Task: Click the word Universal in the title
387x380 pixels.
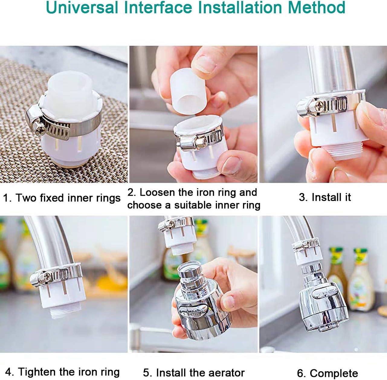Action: [x=82, y=8]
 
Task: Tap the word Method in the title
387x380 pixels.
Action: [x=317, y=8]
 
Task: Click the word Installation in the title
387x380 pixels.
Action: [x=240, y=8]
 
